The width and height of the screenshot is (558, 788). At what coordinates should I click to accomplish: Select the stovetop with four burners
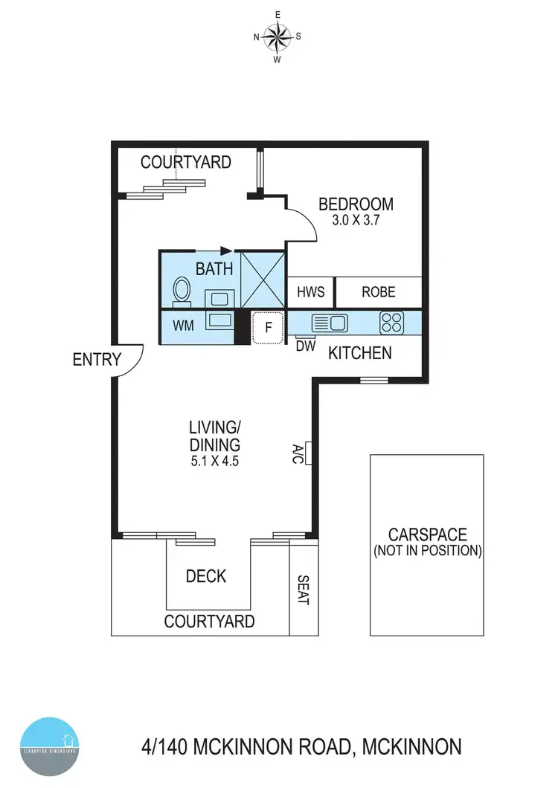[x=391, y=323]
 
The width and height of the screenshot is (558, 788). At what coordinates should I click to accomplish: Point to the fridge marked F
[x=269, y=327]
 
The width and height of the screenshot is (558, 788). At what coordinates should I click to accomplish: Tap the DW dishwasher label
[x=305, y=346]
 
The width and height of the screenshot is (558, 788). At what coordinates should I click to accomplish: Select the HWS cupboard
[x=310, y=292]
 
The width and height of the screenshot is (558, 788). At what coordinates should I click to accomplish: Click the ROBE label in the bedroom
[x=378, y=292]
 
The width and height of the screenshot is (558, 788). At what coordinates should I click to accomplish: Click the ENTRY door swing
[x=129, y=361]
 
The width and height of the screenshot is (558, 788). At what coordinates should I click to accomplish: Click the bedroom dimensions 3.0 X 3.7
[x=356, y=220]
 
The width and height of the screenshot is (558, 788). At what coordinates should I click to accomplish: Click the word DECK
[x=206, y=576]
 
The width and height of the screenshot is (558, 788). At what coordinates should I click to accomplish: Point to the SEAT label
[x=302, y=590]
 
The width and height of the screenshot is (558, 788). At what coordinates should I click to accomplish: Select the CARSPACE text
[x=427, y=535]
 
